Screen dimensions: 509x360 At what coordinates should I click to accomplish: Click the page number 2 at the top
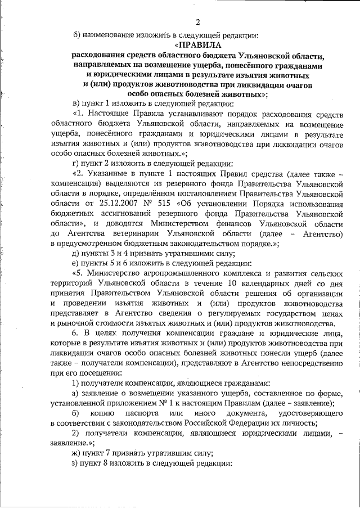197,22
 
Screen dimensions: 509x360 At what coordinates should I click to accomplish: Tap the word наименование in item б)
110,35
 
